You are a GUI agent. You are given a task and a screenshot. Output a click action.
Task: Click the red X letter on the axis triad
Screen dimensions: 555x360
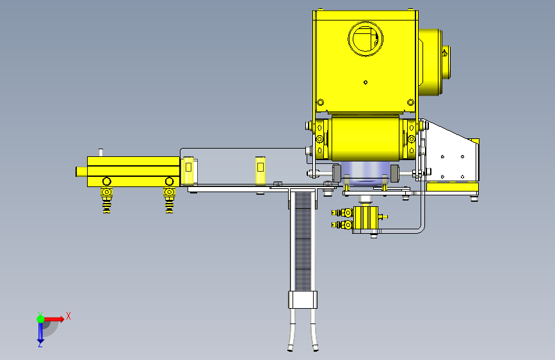[68, 316]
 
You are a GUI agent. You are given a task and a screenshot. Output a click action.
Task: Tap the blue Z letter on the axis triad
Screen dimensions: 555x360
[40, 344]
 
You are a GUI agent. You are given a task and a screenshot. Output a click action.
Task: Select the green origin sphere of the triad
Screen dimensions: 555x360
[40, 319]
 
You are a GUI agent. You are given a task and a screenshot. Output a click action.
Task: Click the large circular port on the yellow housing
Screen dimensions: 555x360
[366, 38]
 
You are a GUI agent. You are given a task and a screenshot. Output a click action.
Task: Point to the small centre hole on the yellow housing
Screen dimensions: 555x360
[366, 82]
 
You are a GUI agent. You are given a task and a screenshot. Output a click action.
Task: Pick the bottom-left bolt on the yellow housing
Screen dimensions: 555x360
[320, 102]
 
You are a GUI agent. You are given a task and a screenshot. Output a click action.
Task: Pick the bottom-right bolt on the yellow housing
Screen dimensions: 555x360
[410, 102]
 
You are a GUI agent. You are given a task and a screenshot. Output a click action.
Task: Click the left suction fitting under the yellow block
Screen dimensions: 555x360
[106, 200]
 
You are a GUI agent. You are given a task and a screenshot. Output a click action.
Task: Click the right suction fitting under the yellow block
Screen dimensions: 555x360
[169, 200]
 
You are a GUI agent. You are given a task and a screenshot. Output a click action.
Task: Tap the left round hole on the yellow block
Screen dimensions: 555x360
[106, 181]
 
